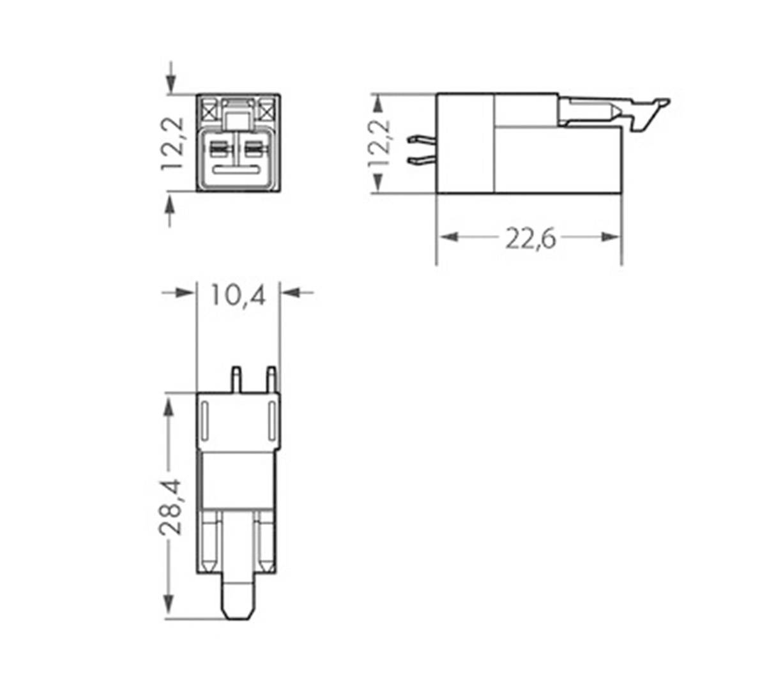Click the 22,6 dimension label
coord(531,239)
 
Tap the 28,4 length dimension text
coord(171,506)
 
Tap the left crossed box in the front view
coord(209,110)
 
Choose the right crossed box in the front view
coord(267,110)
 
